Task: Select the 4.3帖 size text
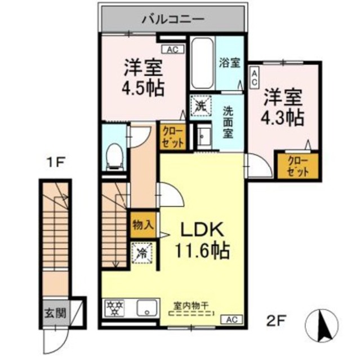click(x=282, y=117)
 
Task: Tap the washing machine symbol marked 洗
click(x=200, y=105)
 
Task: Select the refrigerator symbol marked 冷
click(x=142, y=252)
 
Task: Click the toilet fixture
click(x=115, y=154)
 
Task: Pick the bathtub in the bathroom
click(x=201, y=63)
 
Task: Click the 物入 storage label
click(x=143, y=224)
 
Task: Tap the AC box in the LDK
click(x=232, y=320)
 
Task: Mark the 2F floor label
click(x=276, y=322)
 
